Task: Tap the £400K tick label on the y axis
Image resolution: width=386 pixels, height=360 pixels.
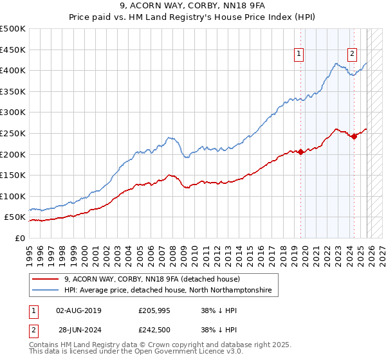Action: tap(13, 70)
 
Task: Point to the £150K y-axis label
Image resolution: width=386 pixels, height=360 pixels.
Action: tap(13, 175)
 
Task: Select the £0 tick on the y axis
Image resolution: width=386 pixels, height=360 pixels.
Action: tap(19, 238)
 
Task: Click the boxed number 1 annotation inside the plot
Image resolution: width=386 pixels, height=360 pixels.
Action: tap(300, 55)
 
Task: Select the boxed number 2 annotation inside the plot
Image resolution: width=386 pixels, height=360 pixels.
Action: tap(353, 55)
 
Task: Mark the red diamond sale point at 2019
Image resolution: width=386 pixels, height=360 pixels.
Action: tap(300, 152)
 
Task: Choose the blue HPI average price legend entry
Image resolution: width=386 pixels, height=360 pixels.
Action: tap(168, 291)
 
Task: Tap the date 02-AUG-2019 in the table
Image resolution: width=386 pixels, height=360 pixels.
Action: tap(79, 310)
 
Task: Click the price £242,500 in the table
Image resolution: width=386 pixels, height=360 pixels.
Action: tap(154, 330)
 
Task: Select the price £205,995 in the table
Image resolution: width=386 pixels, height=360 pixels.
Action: tap(154, 310)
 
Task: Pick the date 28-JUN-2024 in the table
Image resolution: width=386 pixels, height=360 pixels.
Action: tap(79, 330)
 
